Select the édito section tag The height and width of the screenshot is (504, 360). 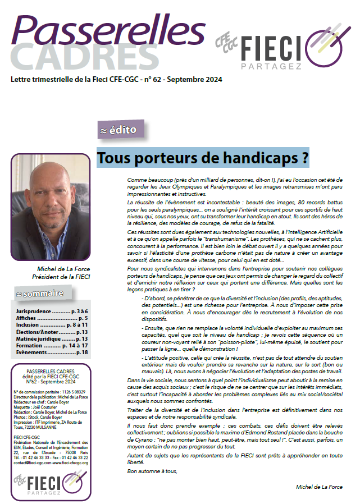pyautogui.click(x=117, y=130)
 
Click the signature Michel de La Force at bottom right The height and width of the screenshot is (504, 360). pyautogui.click(x=319, y=487)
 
